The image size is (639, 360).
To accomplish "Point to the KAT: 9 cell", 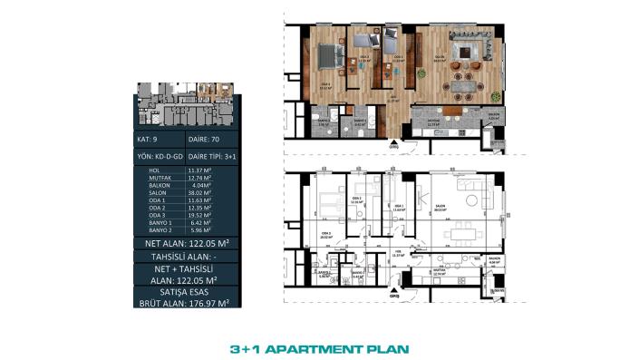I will [148, 141].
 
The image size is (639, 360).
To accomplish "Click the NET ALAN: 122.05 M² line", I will [185, 244].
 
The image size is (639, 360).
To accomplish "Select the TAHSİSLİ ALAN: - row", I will [185, 258].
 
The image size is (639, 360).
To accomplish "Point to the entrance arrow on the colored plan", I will [393, 142].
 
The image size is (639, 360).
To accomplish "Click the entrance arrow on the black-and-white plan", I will [393, 292].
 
